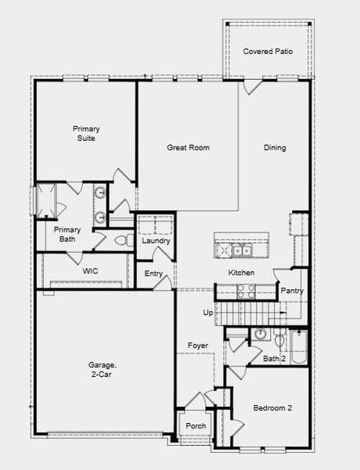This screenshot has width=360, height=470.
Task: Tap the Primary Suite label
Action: point(86,133)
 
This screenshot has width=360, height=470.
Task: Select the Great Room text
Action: point(188,147)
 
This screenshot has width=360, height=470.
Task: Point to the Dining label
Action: point(275,147)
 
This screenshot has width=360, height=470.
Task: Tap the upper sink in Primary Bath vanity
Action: point(100,193)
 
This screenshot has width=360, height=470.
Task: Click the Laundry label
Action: point(157,240)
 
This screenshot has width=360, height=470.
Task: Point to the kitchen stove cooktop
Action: point(245,291)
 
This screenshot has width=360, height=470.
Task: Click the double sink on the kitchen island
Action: point(240,250)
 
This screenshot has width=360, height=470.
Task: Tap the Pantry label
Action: point(292,291)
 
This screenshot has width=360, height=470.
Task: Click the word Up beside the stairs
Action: point(208,313)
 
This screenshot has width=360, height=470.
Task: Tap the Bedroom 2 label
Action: point(272,408)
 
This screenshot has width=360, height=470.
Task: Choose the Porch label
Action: point(196,426)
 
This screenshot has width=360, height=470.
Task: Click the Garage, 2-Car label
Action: point(103,370)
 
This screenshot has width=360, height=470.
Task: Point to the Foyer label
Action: point(197,345)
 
